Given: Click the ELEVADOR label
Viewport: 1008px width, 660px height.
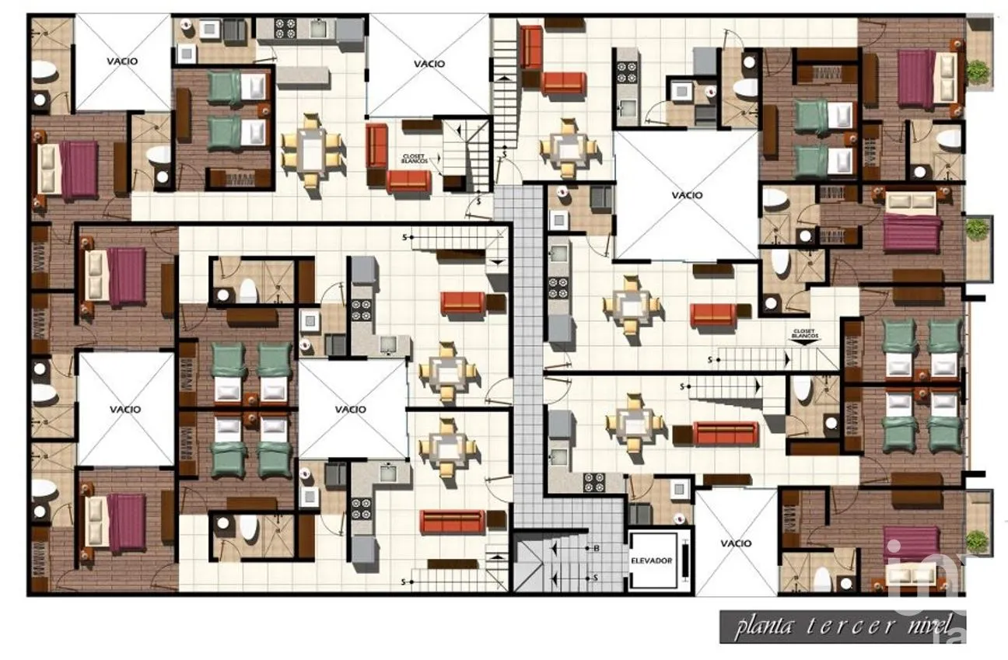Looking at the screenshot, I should (652, 560).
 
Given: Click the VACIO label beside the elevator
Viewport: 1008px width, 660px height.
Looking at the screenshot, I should (735, 543).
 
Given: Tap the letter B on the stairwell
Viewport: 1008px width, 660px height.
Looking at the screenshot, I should (596, 549).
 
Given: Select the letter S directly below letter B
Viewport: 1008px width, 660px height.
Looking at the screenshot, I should (596, 578).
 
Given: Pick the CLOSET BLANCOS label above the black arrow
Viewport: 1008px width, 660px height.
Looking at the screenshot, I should (803, 332).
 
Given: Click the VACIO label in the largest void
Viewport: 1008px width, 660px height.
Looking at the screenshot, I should (687, 195).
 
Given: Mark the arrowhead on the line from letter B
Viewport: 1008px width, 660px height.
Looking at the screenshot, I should (554, 549).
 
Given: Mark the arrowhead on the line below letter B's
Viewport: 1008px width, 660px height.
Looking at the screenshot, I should (554, 578).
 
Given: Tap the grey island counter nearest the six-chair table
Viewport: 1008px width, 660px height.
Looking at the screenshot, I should (303, 77).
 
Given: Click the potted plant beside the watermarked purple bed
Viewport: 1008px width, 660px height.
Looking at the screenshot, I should (978, 539).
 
